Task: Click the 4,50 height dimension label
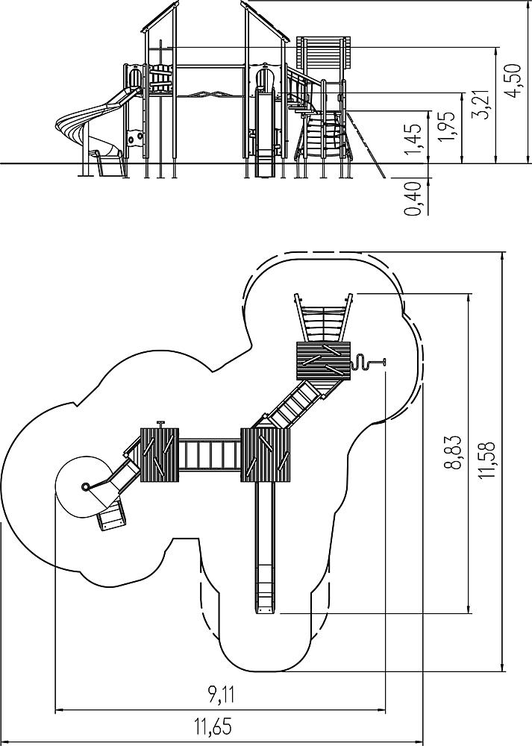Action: [x=514, y=81]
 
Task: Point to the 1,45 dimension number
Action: [x=413, y=139]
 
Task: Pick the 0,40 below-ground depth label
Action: [x=413, y=198]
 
